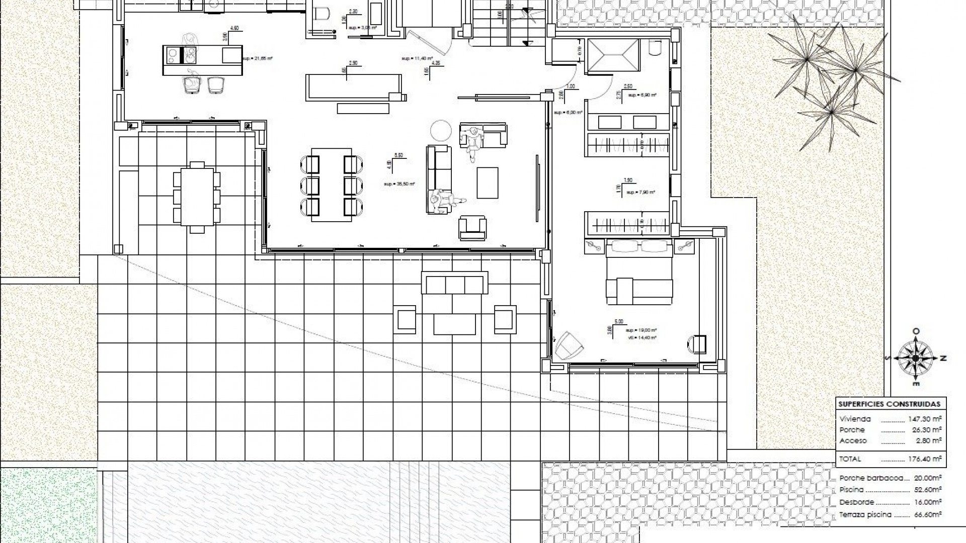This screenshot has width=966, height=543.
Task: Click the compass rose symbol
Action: point(916,358)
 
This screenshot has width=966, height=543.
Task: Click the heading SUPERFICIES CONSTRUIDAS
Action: point(889,404)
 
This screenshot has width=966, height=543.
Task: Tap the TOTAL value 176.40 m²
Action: point(925,459)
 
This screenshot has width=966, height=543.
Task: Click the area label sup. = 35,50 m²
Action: point(399,184)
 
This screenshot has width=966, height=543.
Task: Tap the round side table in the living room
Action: point(441,130)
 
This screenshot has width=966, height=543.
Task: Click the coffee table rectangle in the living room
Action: point(487,183)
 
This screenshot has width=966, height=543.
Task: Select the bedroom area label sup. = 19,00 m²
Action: point(641,330)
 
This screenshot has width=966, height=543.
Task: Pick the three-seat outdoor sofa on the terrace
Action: point(454,284)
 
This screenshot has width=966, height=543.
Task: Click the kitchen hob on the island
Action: point(173,55)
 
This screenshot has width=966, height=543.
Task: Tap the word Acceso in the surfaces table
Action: point(853,441)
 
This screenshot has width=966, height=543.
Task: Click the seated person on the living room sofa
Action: point(443,201)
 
